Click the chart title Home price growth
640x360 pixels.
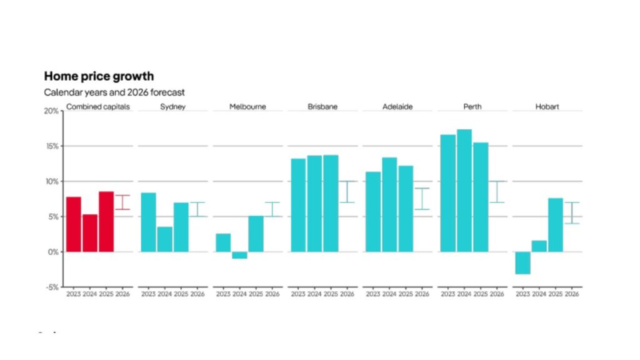(x=99, y=76)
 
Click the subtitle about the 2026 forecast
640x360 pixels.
(x=114, y=92)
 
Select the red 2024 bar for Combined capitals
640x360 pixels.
(x=90, y=233)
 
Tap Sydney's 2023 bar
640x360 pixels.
(x=148, y=222)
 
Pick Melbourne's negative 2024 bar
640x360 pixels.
(x=239, y=255)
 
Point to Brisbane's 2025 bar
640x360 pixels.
(x=331, y=203)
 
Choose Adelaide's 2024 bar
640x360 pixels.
(x=389, y=204)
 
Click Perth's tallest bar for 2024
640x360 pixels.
(x=464, y=191)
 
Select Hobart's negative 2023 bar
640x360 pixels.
(x=523, y=262)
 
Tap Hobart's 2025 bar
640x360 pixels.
(x=556, y=225)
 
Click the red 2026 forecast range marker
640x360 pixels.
(x=122, y=202)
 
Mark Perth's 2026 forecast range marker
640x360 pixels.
(x=497, y=192)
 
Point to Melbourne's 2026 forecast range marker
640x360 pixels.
(x=272, y=209)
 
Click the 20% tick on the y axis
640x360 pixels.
(x=52, y=111)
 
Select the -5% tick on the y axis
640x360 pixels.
(x=52, y=287)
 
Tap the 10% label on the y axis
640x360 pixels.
(x=52, y=182)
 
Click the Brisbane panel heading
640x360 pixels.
(x=322, y=107)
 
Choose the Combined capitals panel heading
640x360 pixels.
(x=98, y=107)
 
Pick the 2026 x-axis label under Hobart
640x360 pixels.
(x=572, y=294)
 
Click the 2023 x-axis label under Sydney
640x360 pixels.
(x=148, y=294)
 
